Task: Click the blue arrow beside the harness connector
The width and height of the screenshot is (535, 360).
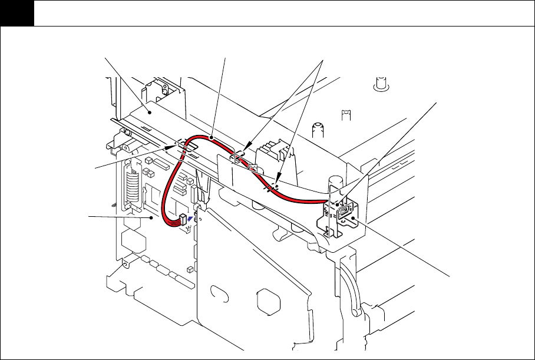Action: click(x=189, y=217)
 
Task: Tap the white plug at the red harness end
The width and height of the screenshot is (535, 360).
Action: click(x=181, y=220)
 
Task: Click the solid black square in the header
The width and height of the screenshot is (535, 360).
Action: click(x=16, y=13)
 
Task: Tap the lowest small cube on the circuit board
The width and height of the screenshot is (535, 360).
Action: click(x=189, y=269)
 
